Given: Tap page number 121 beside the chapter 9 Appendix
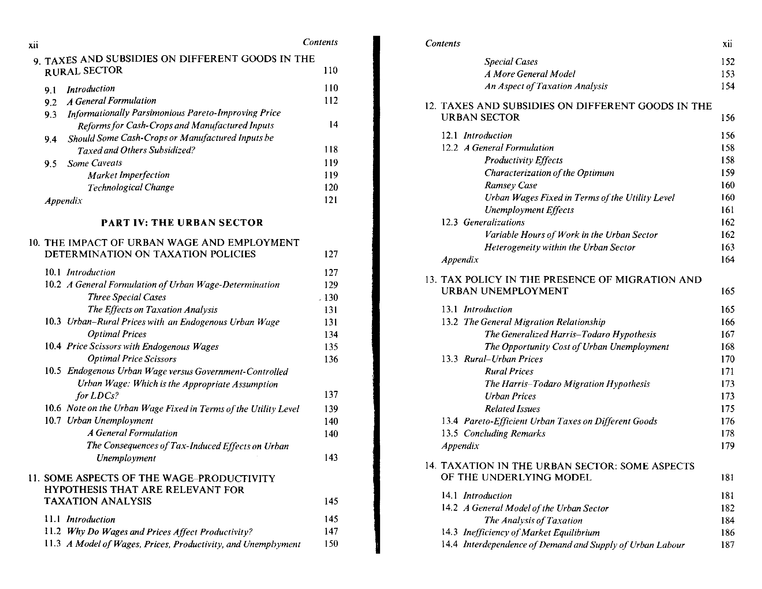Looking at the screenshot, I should pos(331,200).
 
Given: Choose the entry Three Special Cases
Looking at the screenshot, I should pos(127,297).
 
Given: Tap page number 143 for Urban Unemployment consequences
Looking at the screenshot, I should pos(331,457).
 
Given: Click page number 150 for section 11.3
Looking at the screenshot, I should pos(331,544).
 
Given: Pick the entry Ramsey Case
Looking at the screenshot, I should pos(511,185).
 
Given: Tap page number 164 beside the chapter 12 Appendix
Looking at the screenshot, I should pos(727,260).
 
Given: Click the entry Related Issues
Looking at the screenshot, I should pos(512,409).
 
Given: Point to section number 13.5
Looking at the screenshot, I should pos(449,433).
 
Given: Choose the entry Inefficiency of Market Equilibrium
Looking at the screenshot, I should pos(531,532).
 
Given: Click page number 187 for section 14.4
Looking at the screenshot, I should pos(727,545).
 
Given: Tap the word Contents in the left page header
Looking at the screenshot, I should pos(320,42).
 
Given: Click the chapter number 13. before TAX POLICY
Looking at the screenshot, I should pos(431,280).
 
